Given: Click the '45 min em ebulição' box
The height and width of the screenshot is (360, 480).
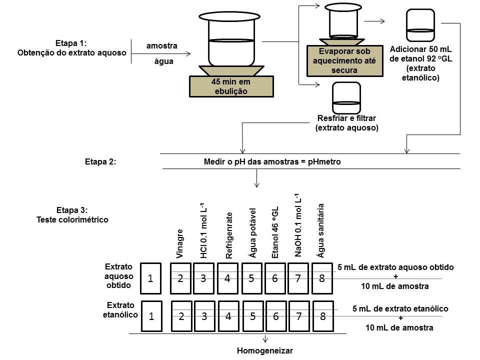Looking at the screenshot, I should (231, 86).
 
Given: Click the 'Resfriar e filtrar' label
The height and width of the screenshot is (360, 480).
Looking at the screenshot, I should (346, 123).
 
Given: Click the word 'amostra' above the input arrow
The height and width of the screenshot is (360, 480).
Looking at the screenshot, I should (161, 46).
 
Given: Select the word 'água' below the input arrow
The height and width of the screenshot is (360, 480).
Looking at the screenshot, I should (161, 62).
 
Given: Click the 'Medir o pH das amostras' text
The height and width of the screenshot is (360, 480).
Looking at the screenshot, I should (272, 162).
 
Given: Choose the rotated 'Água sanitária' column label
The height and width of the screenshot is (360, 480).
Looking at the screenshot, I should (321, 230).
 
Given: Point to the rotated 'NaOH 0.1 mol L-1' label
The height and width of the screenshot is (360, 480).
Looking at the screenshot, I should (298, 225).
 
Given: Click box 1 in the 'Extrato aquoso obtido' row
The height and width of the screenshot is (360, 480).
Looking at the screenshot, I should (151, 278).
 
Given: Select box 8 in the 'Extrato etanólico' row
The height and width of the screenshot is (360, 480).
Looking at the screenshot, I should (323, 315).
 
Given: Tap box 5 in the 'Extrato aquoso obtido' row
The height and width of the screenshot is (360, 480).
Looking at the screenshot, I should (252, 278).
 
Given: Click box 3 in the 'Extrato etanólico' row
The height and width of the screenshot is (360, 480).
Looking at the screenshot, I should (204, 315).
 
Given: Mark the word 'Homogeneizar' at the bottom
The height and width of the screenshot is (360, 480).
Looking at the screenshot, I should (264, 350).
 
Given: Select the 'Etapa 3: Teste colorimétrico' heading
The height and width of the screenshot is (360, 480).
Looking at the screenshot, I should (72, 214).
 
